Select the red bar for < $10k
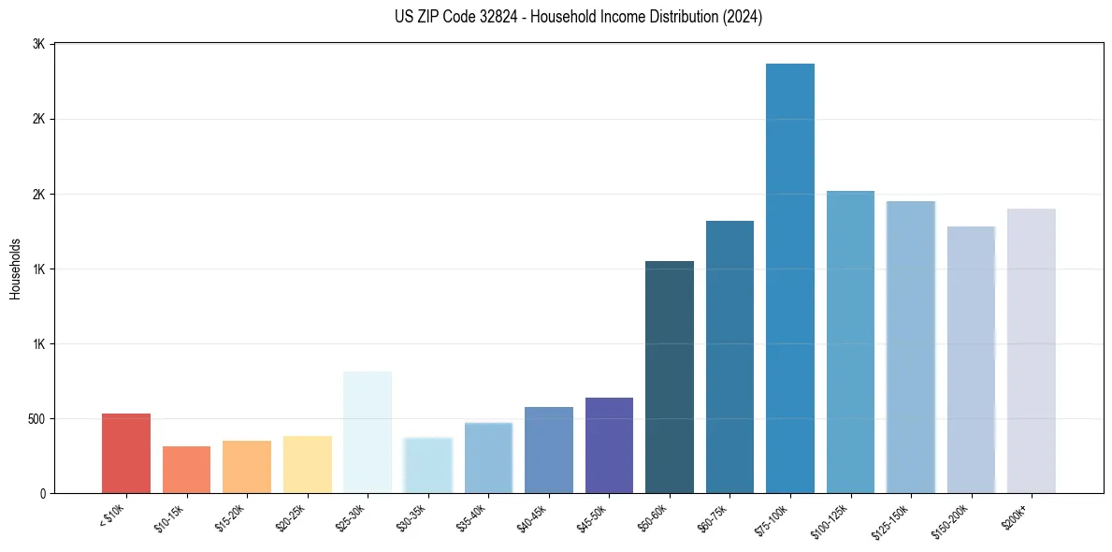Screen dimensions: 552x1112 (x=126, y=453)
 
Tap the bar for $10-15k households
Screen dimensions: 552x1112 (x=186, y=470)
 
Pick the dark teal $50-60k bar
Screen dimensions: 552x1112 (x=670, y=377)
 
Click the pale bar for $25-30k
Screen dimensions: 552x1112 (x=368, y=432)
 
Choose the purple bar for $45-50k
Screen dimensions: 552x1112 (x=609, y=445)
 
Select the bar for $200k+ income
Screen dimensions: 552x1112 (x=1032, y=351)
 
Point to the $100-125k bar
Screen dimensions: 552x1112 (x=850, y=341)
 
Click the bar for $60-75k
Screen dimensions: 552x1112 (x=729, y=356)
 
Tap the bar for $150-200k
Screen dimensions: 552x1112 (x=971, y=359)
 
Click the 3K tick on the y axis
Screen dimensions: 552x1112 (x=38, y=45)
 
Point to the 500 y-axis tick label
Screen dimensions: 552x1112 (x=36, y=418)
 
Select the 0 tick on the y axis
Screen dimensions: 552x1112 (x=43, y=493)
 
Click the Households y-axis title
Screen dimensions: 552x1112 (x=15, y=269)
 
